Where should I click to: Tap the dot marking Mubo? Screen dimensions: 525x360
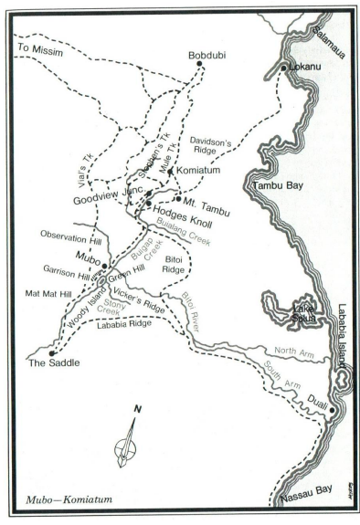(104, 266)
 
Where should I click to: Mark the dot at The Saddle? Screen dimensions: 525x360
(51, 352)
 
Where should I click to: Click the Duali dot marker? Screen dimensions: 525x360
(333, 411)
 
